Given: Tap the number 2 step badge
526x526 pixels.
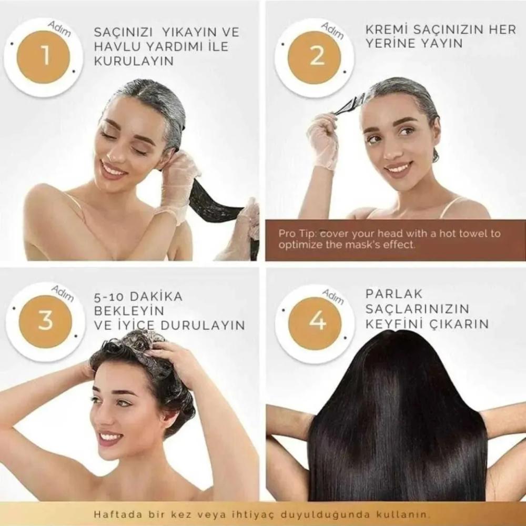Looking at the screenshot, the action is (315, 58).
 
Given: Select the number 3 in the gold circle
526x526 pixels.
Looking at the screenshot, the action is (45, 321).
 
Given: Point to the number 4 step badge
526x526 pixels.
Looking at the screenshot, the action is (315, 323).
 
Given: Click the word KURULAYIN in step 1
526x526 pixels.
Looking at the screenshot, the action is (134, 61).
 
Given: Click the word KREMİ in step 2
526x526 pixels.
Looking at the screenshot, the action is (386, 29).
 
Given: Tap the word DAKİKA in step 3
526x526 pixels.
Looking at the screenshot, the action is (156, 297).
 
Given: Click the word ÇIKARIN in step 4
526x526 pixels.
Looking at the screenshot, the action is (459, 324).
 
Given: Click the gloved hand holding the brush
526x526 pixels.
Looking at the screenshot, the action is (323, 141).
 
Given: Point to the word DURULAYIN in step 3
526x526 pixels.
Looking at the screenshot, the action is (203, 326).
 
